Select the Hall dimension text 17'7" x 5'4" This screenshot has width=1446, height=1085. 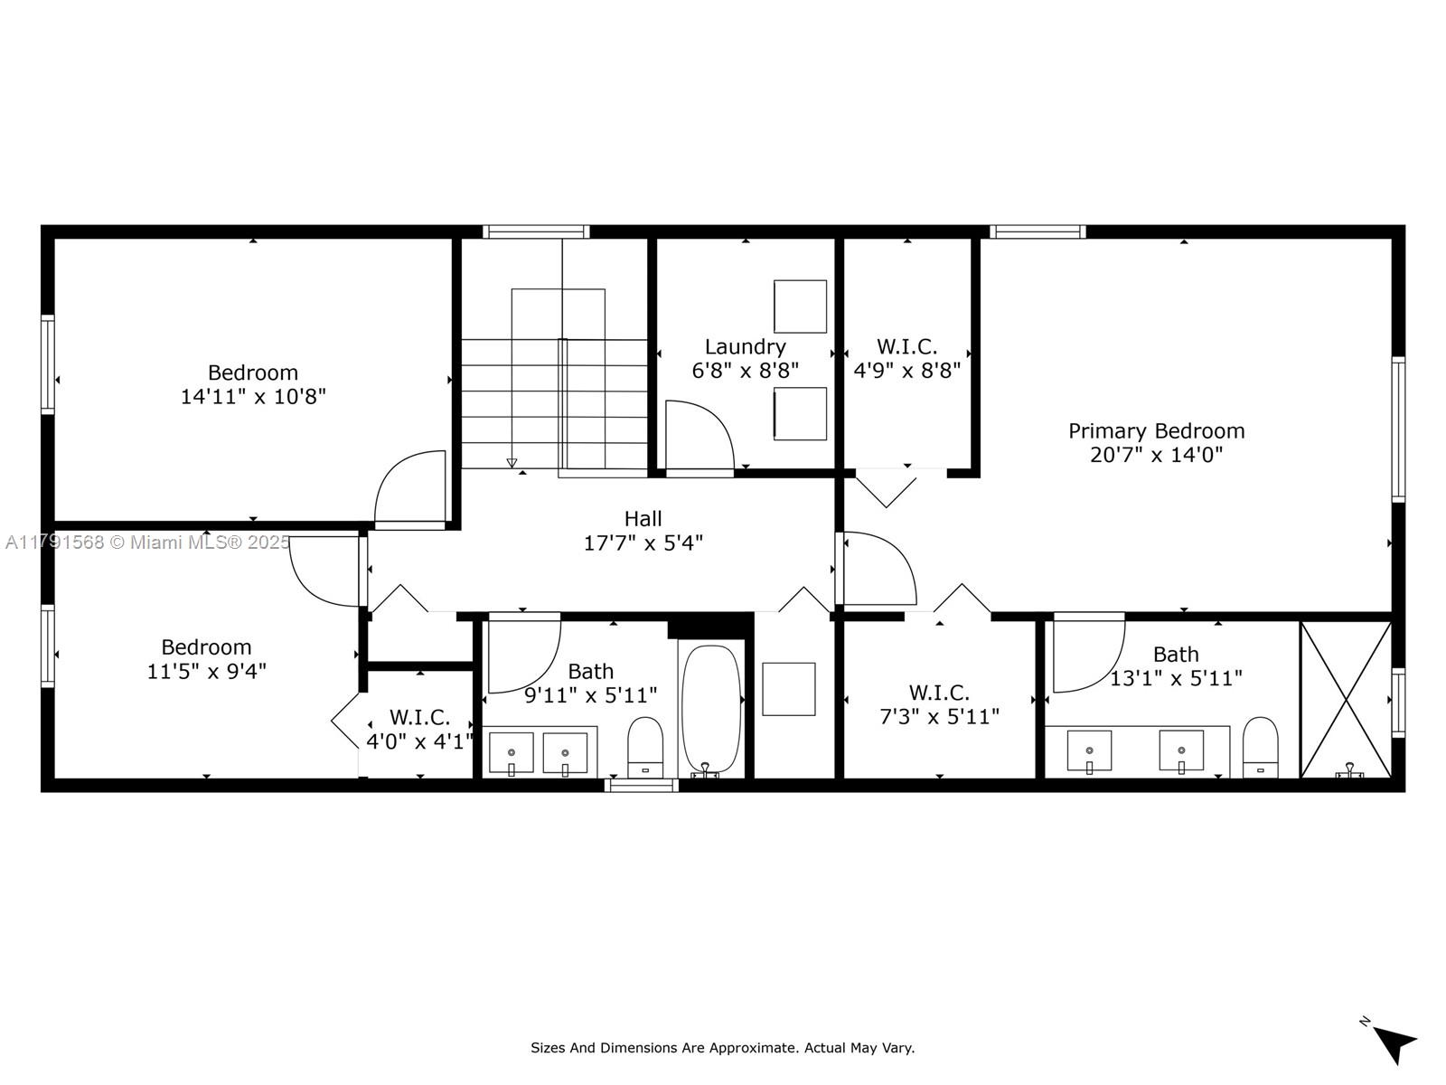[643, 543]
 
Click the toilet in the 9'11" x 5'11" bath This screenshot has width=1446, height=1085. [645, 748]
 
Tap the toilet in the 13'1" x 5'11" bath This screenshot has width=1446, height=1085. [1260, 748]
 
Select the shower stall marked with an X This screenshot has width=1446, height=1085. [1346, 700]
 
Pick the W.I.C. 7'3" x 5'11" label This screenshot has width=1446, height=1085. [939, 704]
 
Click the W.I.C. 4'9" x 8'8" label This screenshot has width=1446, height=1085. [907, 358]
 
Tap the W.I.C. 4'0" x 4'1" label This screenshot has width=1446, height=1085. [419, 730]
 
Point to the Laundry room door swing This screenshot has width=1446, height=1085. [700, 438]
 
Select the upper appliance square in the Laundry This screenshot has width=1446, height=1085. [800, 307]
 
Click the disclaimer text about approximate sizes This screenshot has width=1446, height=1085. [723, 1048]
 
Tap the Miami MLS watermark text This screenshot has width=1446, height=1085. [147, 542]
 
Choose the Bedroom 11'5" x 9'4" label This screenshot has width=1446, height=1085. [206, 659]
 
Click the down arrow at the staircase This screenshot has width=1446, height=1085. [512, 462]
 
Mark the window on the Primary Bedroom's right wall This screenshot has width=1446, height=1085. [1398, 429]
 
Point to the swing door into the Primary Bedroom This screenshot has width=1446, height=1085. [881, 568]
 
